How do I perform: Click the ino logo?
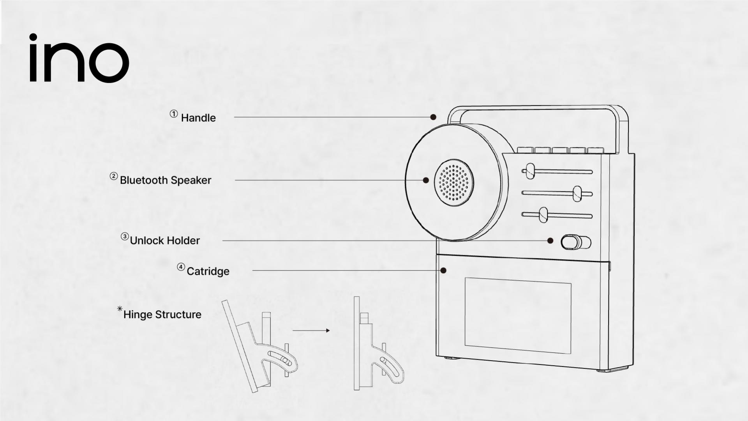[79, 58]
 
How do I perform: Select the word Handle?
[198, 118]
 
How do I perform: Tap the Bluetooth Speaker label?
[165, 180]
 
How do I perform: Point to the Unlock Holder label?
[164, 241]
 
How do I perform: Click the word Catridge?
[208, 271]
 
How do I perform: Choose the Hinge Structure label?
[162, 315]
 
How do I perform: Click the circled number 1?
[174, 114]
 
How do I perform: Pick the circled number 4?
[181, 267]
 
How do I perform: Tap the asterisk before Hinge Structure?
[120, 309]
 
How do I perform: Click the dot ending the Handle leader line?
[433, 117]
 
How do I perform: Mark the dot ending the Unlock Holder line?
[550, 241]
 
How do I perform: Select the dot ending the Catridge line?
[443, 270]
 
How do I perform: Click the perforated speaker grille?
[454, 182]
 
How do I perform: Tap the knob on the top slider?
[530, 171]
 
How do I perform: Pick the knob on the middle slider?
[577, 194]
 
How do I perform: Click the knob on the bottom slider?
[543, 215]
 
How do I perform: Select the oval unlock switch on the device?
[575, 242]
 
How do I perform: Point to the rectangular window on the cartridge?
[518, 316]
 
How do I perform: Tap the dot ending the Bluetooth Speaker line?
[426, 180]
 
